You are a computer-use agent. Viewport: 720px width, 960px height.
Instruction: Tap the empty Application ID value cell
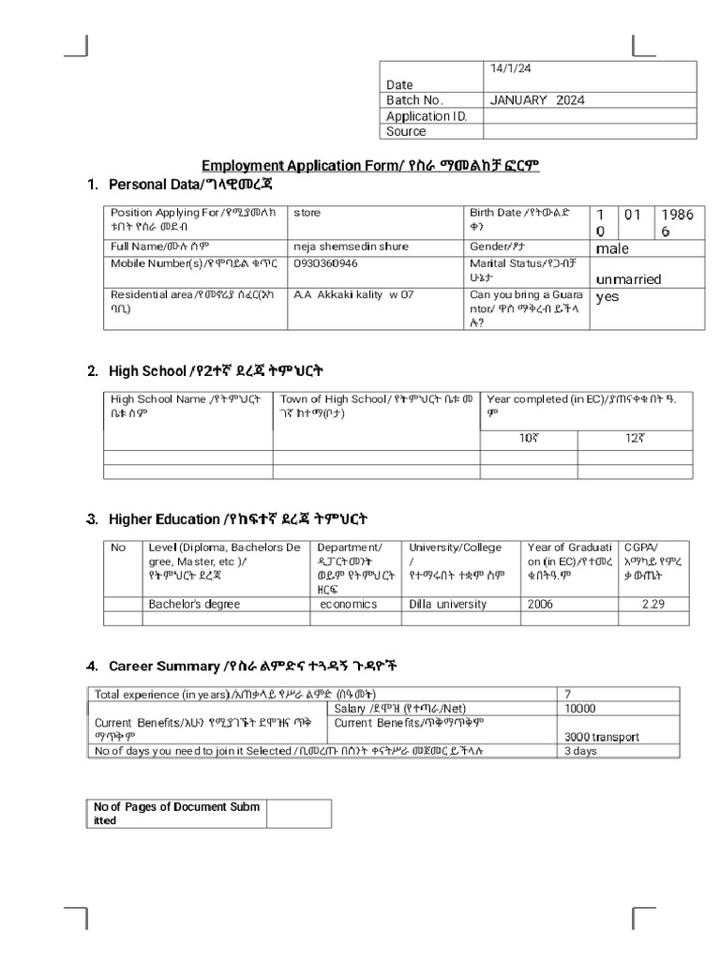tap(591, 116)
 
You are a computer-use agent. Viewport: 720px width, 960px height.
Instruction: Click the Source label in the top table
tap(406, 132)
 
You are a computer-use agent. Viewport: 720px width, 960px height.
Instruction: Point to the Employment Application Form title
tap(370, 166)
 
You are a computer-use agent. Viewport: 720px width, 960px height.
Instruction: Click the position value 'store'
tap(307, 213)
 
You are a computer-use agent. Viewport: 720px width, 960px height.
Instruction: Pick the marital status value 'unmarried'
tap(628, 279)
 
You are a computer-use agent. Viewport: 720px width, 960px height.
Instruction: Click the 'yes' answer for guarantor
tap(607, 296)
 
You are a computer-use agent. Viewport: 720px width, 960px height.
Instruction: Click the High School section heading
tap(217, 371)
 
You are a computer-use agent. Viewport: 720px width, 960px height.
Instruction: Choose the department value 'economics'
tap(349, 604)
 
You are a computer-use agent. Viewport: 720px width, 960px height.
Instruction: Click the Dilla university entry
tap(448, 604)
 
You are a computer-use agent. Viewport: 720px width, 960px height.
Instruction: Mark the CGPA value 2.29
tap(653, 604)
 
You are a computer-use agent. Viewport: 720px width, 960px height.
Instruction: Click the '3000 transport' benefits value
tap(601, 737)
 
